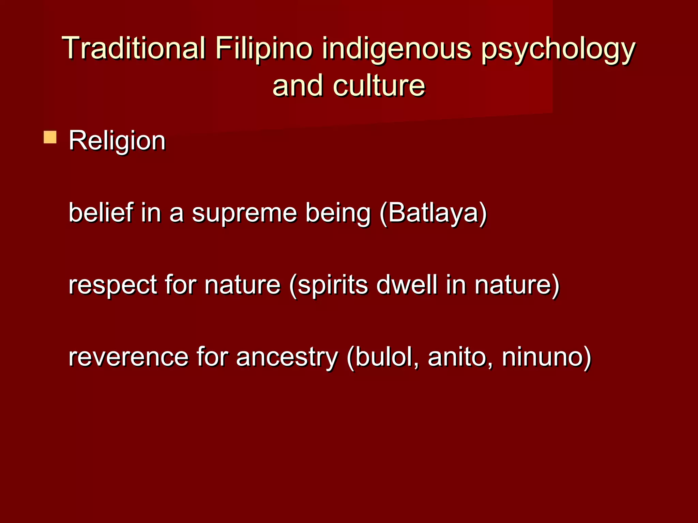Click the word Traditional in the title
pos(134,48)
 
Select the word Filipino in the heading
pos(263,48)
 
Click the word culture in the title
pos(379,86)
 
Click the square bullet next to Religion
pos(50,137)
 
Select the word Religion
pos(117,141)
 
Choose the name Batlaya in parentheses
pos(433,212)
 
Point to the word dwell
pos(407,285)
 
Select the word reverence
pos(128,358)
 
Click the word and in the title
pos(297,86)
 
